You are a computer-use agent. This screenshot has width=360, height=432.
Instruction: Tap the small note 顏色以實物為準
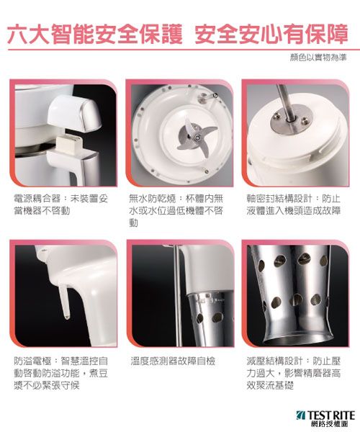[318, 58]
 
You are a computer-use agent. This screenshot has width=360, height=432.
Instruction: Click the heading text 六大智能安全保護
[95, 34]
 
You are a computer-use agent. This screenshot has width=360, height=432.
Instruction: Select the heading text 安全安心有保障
[271, 34]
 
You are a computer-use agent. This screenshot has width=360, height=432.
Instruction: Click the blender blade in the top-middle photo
[197, 137]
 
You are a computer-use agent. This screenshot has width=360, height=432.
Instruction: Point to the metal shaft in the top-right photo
[286, 103]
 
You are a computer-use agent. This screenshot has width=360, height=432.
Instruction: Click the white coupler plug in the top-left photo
[69, 143]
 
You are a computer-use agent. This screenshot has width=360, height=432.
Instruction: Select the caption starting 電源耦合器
[61, 204]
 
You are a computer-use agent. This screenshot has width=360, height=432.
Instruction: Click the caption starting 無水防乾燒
[176, 211]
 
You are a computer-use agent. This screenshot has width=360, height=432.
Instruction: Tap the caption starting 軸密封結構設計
[294, 204]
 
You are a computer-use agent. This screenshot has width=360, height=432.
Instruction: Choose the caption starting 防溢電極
[61, 373]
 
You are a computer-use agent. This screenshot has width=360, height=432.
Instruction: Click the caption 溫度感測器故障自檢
[173, 361]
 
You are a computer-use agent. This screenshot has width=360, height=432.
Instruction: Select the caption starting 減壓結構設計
[294, 373]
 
